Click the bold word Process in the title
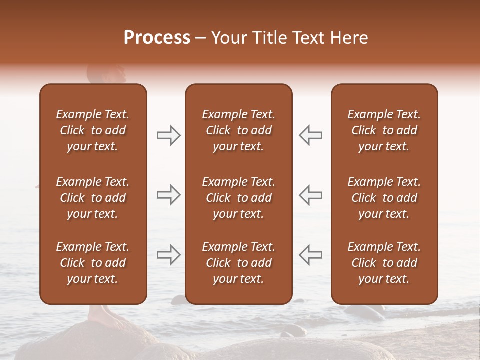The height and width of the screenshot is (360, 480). point(157,38)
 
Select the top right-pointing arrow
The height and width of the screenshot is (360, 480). point(168,135)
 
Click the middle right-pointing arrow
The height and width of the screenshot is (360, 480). point(168,195)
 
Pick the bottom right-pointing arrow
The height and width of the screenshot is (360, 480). point(168,255)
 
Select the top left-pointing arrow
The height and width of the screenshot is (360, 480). point(311,135)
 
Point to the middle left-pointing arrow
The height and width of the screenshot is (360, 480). point(311,195)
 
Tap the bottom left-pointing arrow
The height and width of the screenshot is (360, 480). point(311,255)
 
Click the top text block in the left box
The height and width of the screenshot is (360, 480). point(93,130)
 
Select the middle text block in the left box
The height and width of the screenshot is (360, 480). point(93,198)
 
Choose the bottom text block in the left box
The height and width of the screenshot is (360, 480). point(93,263)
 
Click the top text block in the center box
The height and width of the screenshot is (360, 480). point(238,130)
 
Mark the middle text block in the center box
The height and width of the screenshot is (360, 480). point(238,198)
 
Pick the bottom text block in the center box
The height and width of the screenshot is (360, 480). point(238,263)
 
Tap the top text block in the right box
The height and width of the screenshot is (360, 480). point(384,130)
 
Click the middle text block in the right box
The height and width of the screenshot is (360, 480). point(384,198)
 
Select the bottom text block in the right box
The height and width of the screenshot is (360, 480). point(384,263)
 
